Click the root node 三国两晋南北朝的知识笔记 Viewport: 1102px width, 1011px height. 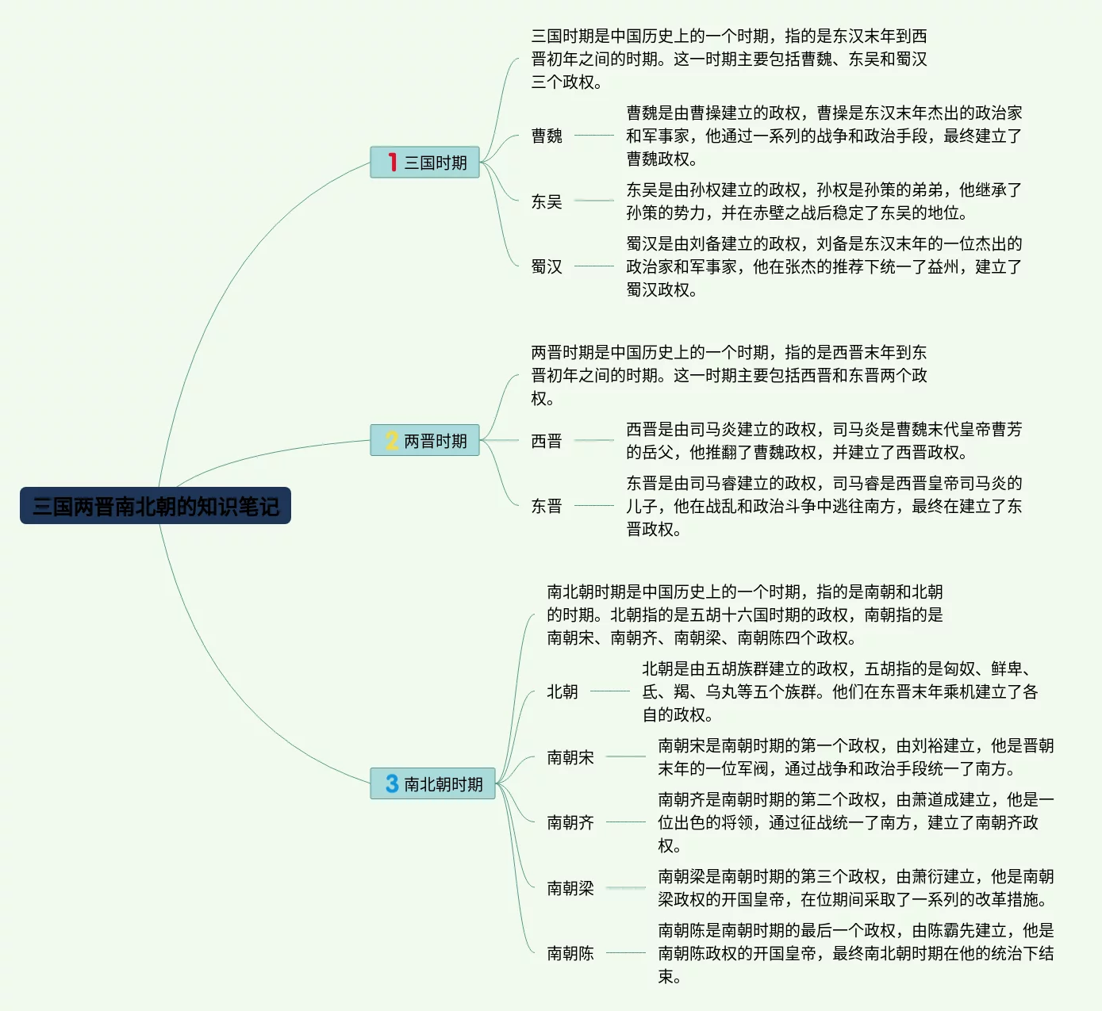[x=156, y=506]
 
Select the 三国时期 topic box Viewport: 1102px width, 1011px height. [x=425, y=163]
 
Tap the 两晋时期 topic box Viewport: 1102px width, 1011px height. [x=425, y=441]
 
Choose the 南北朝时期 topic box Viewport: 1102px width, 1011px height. [x=433, y=783]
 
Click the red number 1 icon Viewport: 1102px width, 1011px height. [x=392, y=163]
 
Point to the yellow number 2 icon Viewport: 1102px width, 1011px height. [x=392, y=441]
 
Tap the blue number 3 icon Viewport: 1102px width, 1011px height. [x=392, y=783]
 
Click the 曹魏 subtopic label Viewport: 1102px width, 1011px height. [x=547, y=136]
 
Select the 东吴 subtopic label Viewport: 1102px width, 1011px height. [x=547, y=201]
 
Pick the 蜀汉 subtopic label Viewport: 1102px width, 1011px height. [x=547, y=266]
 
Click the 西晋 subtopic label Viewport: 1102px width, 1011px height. [x=547, y=441]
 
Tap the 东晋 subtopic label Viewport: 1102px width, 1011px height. [x=547, y=506]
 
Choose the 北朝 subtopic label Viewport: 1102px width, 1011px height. [x=563, y=691]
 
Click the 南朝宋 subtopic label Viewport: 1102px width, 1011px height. [x=570, y=757]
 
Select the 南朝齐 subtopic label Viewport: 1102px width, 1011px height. [x=570, y=822]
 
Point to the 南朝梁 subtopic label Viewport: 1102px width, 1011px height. [x=570, y=888]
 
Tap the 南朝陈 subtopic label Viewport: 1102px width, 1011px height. [x=570, y=953]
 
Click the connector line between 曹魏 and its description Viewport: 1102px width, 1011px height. [x=594, y=136]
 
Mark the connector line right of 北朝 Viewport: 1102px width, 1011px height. [x=610, y=691]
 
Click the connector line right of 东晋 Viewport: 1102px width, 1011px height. [x=594, y=505]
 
